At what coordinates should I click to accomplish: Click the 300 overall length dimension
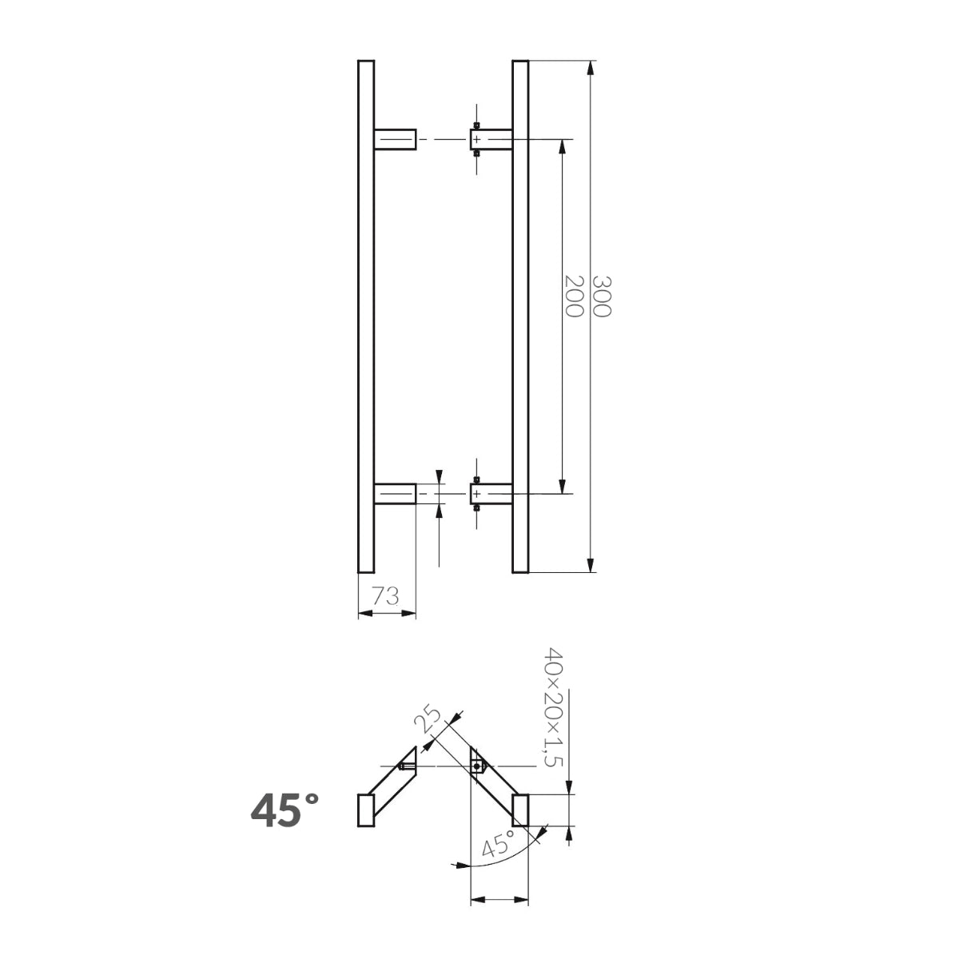[x=601, y=296]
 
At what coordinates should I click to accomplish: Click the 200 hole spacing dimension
[x=572, y=296]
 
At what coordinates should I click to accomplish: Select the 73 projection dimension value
[x=386, y=595]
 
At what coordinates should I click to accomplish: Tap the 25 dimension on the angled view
[x=428, y=719]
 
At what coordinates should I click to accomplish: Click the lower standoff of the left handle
[x=394, y=494]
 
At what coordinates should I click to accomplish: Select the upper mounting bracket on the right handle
[x=490, y=140]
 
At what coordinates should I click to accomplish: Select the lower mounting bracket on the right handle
[x=490, y=494]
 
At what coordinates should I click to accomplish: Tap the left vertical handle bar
[x=365, y=316]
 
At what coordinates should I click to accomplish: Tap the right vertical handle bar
[x=520, y=316]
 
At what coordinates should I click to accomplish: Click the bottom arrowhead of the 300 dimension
[x=591, y=566]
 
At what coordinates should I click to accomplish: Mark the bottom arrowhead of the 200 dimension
[x=563, y=487]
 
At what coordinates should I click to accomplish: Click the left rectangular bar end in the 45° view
[x=365, y=810]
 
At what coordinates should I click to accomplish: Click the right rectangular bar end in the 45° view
[x=520, y=810]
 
